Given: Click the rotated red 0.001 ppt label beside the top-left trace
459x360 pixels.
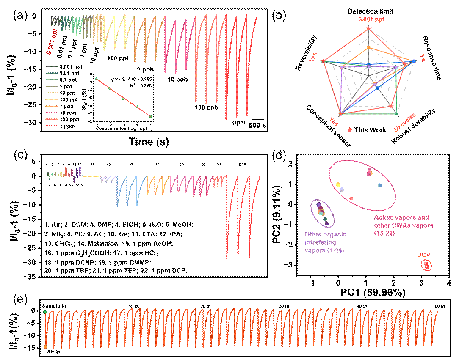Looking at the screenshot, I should [x=52, y=41].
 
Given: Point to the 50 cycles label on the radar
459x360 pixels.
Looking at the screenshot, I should [x=405, y=122].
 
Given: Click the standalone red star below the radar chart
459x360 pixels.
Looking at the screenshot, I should [x=350, y=130].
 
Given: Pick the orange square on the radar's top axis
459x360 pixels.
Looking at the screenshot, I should [x=369, y=47].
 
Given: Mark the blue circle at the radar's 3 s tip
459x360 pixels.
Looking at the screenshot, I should [x=414, y=61].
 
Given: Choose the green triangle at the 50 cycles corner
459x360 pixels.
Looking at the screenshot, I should [x=396, y=114].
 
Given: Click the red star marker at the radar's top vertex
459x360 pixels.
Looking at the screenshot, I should [x=369, y=29].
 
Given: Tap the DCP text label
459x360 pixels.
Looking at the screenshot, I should [x=423, y=255].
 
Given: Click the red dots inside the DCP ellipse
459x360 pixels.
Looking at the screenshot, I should [x=426, y=266].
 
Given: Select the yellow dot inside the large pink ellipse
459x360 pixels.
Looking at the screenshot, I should [x=337, y=184].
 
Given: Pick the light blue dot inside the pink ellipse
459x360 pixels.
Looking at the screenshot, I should [x=380, y=185].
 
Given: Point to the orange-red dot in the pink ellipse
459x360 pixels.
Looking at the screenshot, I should [x=351, y=198].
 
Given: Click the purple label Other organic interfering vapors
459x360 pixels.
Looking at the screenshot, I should [x=325, y=242].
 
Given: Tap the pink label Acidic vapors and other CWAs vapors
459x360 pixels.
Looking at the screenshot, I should [x=403, y=225].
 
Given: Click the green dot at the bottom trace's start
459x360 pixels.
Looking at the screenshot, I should [x=45, y=312].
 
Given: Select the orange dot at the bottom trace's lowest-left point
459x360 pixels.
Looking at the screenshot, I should [x=45, y=347].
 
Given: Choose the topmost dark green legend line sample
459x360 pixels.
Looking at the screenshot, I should [x=52, y=67].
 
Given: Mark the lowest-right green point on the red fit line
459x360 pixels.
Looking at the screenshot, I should [x=150, y=116].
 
